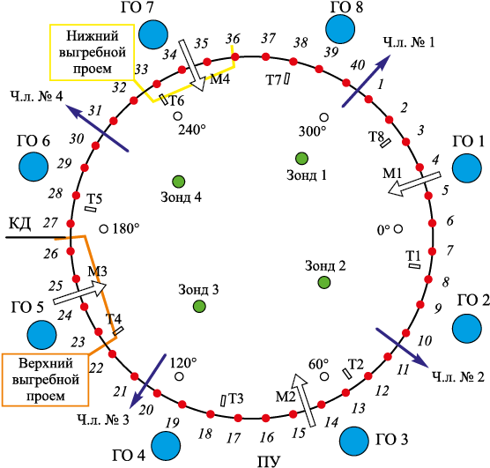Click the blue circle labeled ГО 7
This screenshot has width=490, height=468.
pos(153,34)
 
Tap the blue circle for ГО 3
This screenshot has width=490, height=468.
pos(354,441)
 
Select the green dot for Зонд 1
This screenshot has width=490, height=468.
pos(301,159)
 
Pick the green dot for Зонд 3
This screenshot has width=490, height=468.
pos(199,307)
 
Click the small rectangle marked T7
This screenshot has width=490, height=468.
pos(286,78)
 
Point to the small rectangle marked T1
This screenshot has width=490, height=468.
pos(415,266)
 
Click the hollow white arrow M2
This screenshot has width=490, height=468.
pos(305,400)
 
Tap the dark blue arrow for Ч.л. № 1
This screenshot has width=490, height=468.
pos(367,81)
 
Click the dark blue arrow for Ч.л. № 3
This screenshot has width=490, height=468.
pos(148,381)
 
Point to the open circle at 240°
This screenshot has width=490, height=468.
pos(177,116)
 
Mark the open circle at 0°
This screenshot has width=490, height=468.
pos(397,229)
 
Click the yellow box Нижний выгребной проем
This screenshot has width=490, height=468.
pos(93,52)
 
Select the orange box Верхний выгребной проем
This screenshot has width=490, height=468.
pos(45,380)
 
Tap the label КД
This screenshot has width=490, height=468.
pos(19,224)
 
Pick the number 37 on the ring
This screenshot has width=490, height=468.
pos(269,39)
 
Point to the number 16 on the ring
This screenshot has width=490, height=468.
pos(266,437)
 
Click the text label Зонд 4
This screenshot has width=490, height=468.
pos(181,197)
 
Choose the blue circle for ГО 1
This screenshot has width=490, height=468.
pos(467,168)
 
